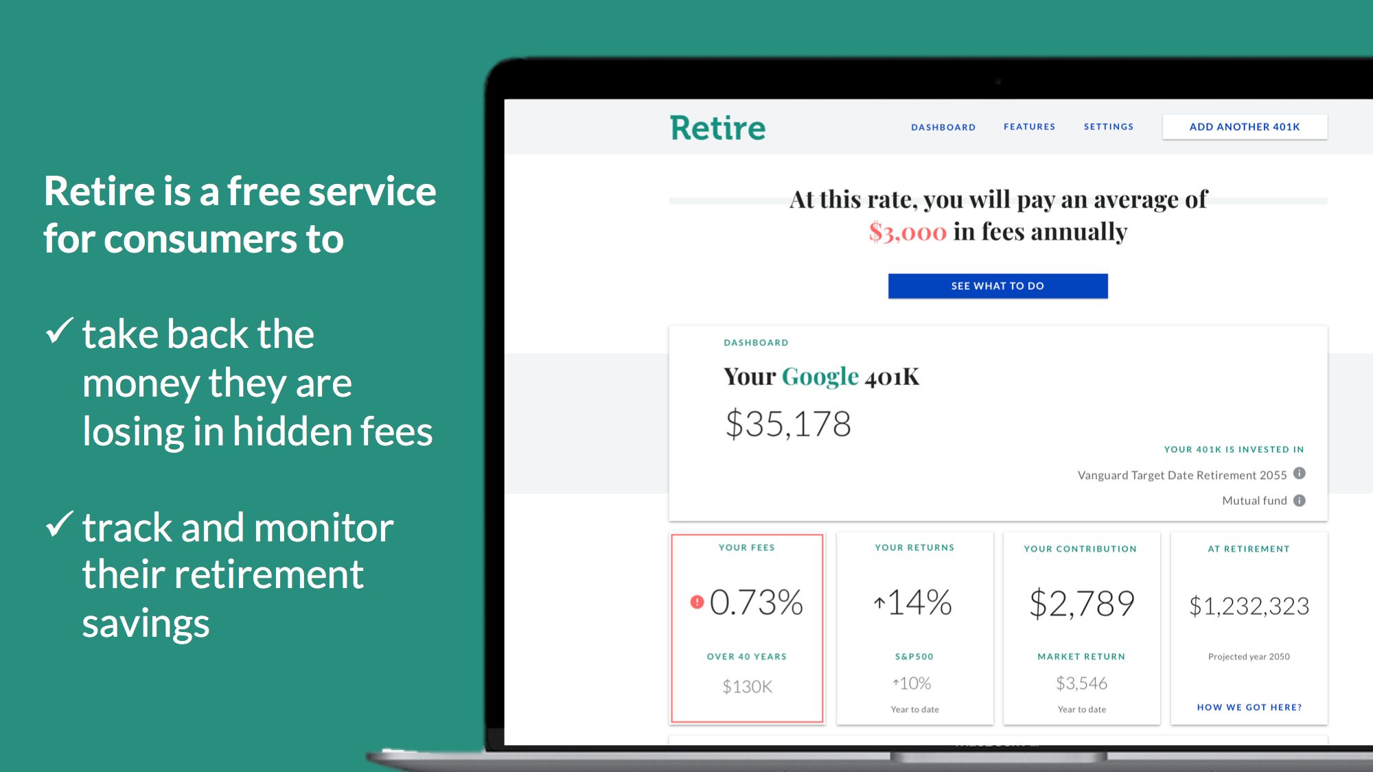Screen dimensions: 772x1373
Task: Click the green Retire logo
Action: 717,128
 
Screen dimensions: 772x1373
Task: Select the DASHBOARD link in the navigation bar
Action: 943,128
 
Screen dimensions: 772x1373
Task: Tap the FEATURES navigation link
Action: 1029,127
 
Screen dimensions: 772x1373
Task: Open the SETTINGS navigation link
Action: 1109,127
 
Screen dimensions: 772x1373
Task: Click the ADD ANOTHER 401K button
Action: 1245,127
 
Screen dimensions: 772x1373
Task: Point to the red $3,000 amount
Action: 908,233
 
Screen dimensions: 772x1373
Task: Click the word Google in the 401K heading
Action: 820,377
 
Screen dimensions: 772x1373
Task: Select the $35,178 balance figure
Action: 788,424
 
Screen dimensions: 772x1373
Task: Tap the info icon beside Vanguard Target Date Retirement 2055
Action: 1300,473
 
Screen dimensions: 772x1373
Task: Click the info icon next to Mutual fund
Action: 1300,500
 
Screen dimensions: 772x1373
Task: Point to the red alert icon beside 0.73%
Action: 697,603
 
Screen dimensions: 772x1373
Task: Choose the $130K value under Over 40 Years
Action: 747,686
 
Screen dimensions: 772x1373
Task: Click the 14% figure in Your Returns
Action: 919,603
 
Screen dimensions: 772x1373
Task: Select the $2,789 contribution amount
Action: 1082,604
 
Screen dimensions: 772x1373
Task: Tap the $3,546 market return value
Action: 1082,683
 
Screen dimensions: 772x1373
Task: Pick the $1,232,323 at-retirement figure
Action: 1249,606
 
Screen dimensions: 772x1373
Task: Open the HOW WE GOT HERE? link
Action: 1249,707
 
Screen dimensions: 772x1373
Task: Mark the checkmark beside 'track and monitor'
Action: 60,525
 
